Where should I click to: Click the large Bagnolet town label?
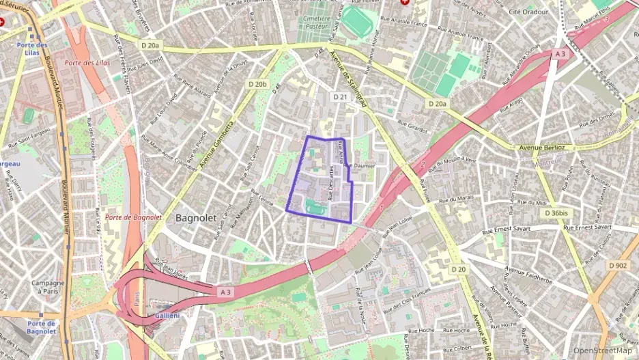coord(196,218)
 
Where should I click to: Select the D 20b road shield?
coord(257,84)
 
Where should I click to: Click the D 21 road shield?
coord(340,98)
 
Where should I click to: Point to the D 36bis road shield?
coord(556,213)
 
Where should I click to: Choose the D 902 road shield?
coord(618,265)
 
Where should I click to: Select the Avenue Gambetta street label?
coord(217,143)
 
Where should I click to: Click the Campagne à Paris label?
coord(48,287)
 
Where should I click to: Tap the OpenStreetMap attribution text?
coord(603,350)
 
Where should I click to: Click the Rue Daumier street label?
coord(360,165)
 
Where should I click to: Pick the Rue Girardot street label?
coord(412,128)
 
